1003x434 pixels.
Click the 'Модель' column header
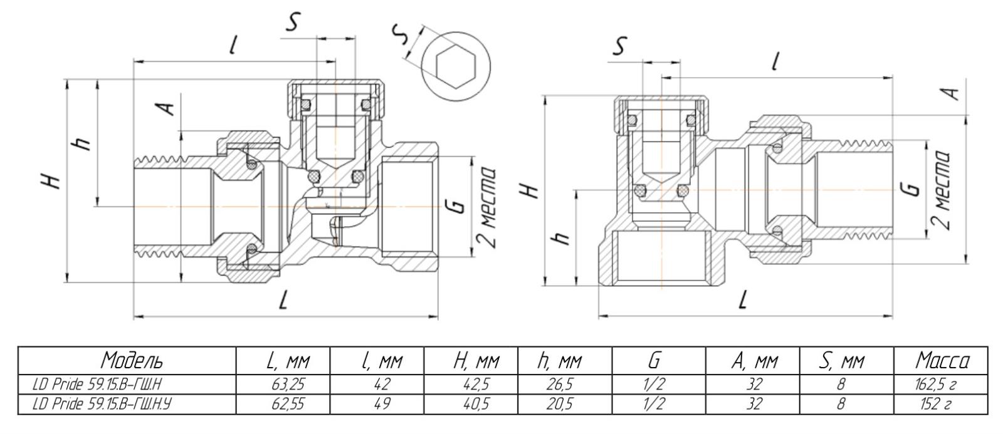[x=132, y=361]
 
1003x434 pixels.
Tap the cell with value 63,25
[x=287, y=384]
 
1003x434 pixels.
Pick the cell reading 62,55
[x=287, y=405]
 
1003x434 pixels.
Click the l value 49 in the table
[x=381, y=405]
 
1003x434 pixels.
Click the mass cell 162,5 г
[x=941, y=384]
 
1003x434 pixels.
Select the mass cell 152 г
[x=941, y=405]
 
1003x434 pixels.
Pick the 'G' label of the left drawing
[x=458, y=206]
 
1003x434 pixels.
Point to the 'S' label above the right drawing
[x=619, y=46]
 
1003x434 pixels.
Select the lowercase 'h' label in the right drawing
[x=562, y=237]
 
